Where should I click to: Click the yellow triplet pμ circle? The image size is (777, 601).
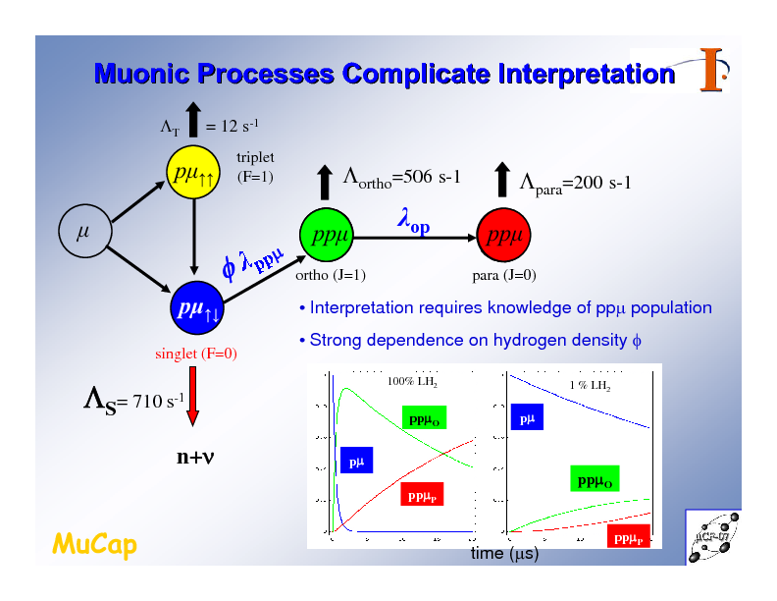192,175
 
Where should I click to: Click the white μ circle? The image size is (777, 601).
83,234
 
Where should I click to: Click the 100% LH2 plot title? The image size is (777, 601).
412,381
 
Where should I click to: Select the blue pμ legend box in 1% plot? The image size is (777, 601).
526,418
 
